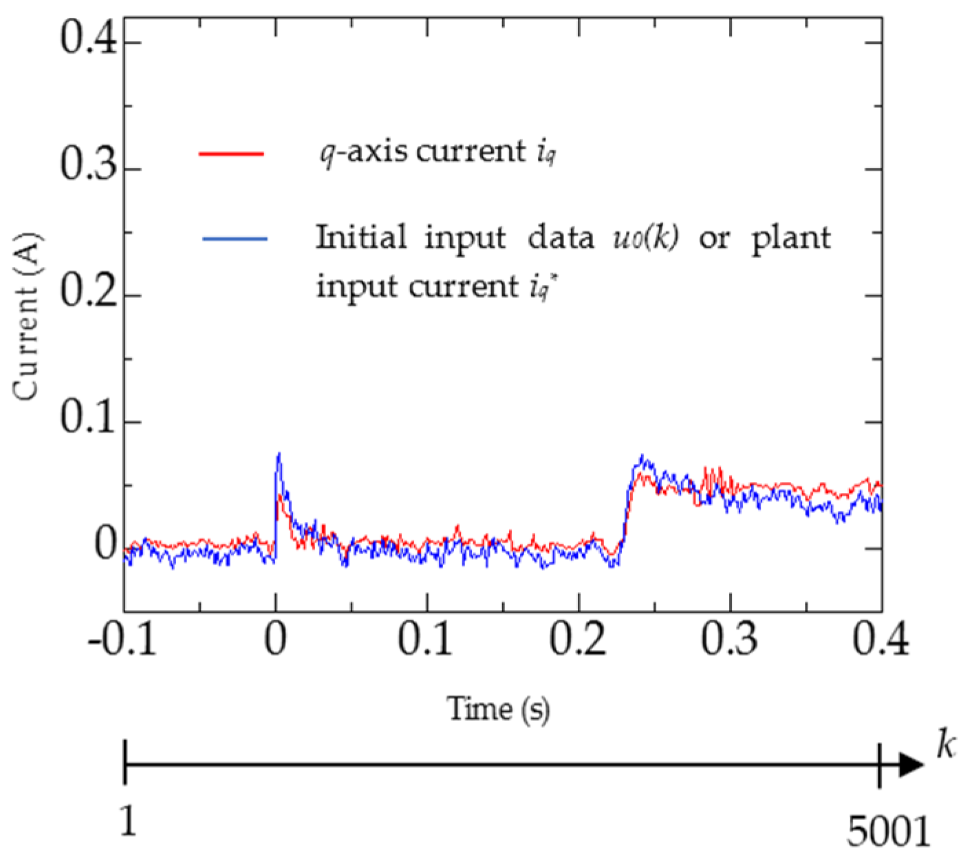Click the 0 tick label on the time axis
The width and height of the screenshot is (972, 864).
[276, 642]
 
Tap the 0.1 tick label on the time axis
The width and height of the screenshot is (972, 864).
[427, 642]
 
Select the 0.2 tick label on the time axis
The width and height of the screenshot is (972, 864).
[579, 642]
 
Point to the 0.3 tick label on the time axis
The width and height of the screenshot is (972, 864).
[731, 642]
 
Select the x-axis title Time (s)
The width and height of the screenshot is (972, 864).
[499, 708]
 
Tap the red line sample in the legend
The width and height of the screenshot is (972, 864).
[232, 154]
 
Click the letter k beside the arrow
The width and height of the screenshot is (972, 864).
[946, 745]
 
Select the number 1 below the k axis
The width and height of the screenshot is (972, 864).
[128, 823]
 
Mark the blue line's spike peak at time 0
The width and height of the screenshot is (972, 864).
[279, 453]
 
